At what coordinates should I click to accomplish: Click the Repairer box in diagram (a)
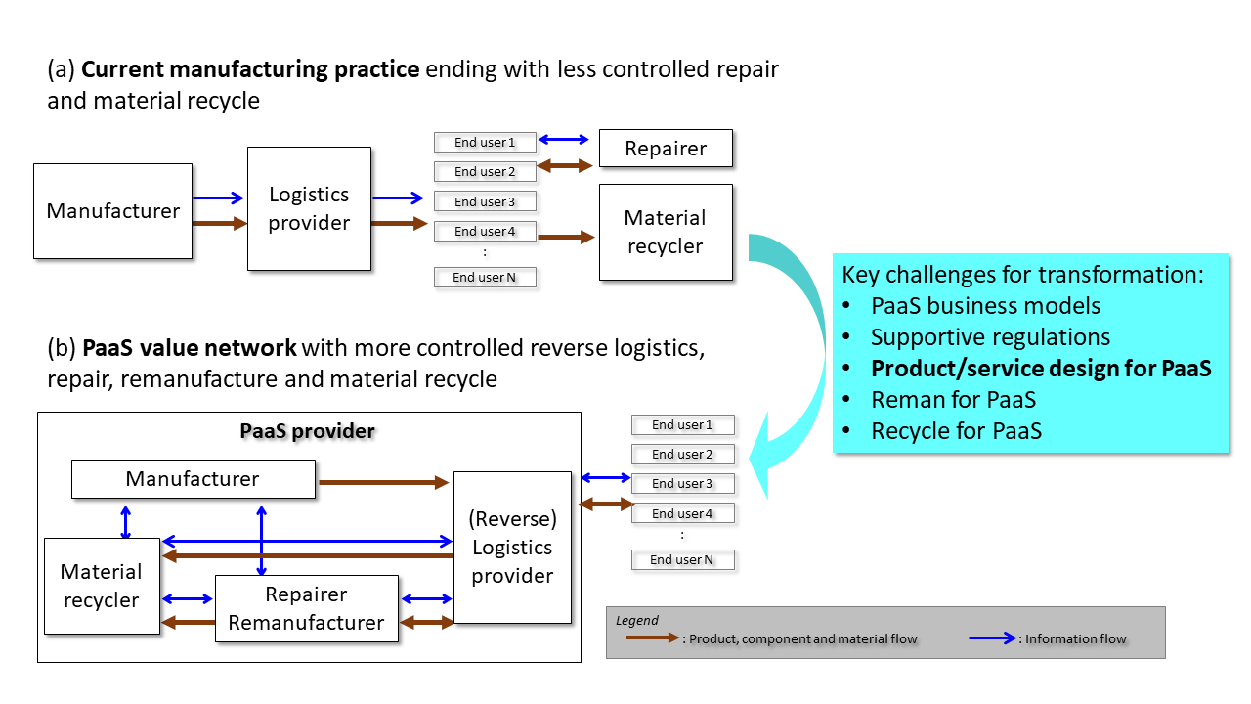[665, 149]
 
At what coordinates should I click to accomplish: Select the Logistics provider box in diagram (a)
[309, 208]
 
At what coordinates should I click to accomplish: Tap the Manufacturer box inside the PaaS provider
[193, 479]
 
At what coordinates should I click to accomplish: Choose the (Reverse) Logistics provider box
[512, 548]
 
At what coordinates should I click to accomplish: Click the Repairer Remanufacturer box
[306, 608]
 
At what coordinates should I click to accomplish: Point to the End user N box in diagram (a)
[485, 278]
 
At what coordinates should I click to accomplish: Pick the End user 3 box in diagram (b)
[682, 483]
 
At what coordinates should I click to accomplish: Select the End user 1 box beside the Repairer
[485, 143]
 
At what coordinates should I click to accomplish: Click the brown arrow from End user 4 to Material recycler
[566, 237]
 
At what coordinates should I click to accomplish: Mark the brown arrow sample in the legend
[652, 638]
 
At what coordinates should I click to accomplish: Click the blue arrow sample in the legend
[994, 638]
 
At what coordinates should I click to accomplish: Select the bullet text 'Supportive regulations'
[990, 337]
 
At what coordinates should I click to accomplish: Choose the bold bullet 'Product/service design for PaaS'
[1041, 369]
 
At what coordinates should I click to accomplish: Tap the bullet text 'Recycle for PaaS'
[956, 430]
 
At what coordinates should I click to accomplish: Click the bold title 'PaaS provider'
[308, 430]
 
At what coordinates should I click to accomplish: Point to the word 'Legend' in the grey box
[637, 620]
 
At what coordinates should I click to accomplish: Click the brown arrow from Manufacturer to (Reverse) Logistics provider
[383, 482]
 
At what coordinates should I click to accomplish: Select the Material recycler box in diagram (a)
[665, 232]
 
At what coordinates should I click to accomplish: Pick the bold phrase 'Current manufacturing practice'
[250, 69]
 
